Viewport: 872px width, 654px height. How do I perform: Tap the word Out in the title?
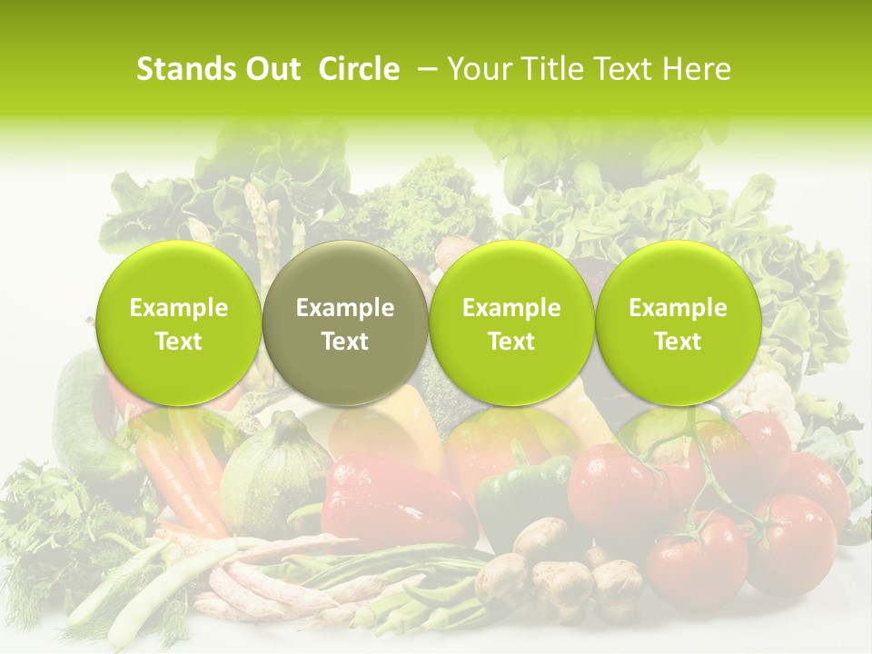272,69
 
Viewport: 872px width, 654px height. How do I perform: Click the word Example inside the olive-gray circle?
345,308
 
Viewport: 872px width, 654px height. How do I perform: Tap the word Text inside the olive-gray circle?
345,342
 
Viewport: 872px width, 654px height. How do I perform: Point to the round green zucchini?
272,477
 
